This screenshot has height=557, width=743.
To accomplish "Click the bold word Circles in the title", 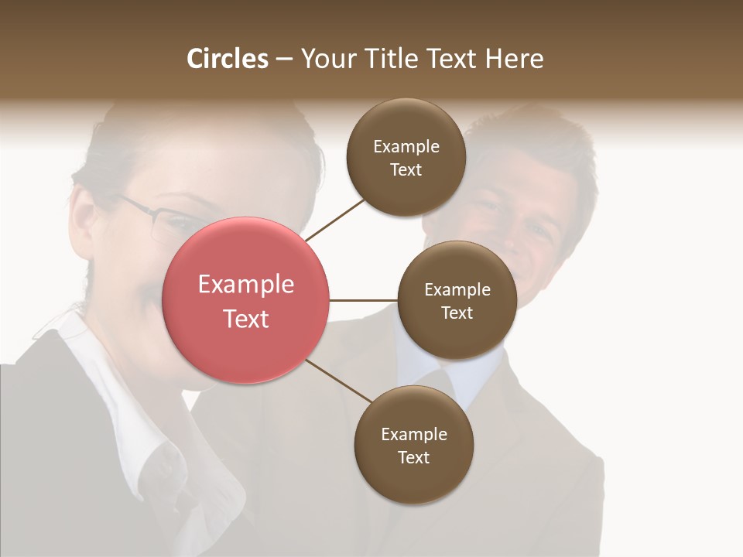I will point(228,59).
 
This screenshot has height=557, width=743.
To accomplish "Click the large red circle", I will point(246,300).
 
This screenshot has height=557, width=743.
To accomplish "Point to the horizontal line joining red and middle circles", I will point(364,300).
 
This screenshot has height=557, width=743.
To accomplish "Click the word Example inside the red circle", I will point(246,285).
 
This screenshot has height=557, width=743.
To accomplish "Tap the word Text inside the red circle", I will point(246,319).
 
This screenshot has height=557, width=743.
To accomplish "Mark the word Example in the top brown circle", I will point(406,147).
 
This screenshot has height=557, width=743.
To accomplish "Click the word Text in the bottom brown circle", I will point(413,457).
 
